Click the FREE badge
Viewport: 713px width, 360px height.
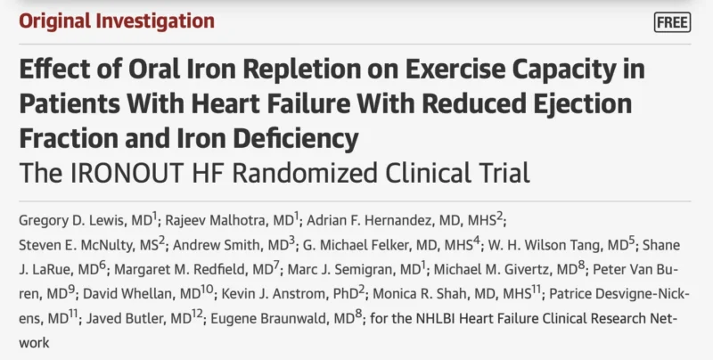click(x=671, y=22)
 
